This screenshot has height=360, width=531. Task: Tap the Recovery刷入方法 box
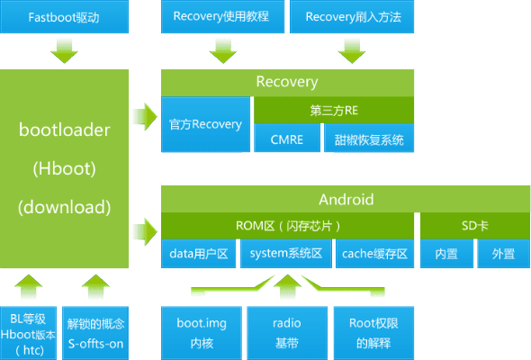tap(353, 16)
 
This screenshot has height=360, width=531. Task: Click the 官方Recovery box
tap(206, 124)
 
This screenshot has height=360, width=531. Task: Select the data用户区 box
tap(199, 254)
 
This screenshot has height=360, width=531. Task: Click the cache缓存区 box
tap(375, 254)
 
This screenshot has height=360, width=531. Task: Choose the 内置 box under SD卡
tap(446, 254)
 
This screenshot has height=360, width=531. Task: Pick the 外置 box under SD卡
tap(503, 254)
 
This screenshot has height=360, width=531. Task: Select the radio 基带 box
tap(287, 333)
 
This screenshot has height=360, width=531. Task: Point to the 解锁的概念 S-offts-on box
tap(95, 333)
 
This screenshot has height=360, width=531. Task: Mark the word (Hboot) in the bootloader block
tap(65, 168)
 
